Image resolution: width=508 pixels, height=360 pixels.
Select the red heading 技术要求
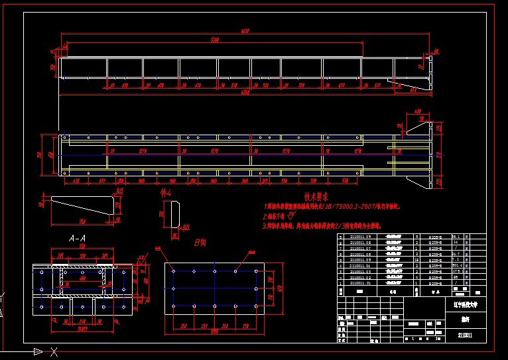(x=317, y=197)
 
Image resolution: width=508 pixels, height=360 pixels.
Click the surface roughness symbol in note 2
(x=290, y=215)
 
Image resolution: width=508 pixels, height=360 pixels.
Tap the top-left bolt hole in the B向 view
(x=173, y=270)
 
